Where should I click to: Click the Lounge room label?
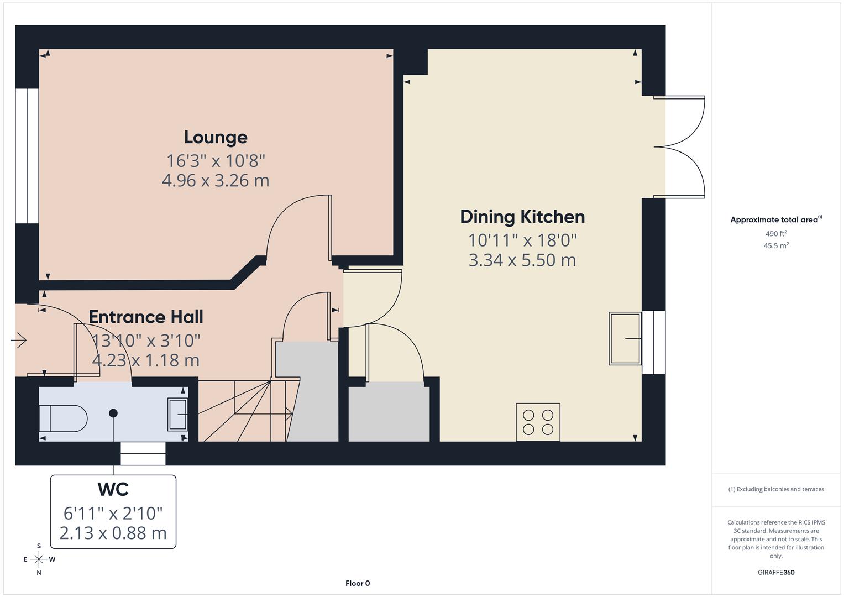(216, 137)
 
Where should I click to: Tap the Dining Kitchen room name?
(522, 217)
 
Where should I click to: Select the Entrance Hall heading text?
(146, 317)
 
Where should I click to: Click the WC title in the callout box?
(113, 489)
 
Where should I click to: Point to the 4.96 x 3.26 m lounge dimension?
(216, 181)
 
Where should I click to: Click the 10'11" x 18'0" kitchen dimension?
(522, 240)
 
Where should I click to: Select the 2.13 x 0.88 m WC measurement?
(113, 533)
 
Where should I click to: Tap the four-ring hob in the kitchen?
(538, 422)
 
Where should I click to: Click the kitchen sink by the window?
(625, 338)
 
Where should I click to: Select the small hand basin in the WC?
(177, 415)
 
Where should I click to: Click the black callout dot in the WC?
(113, 413)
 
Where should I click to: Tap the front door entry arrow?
(19, 340)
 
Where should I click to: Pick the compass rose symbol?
(39, 559)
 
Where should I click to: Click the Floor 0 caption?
(358, 583)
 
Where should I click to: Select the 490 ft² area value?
(776, 234)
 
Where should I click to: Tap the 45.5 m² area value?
(776, 246)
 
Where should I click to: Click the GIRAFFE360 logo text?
(776, 572)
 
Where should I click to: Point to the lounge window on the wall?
(27, 156)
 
